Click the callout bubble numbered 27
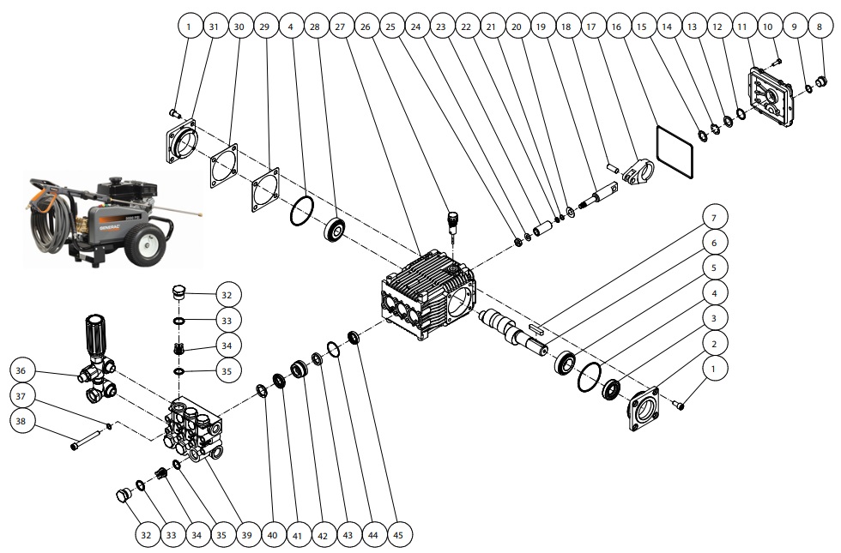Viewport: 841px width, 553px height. pos(340,27)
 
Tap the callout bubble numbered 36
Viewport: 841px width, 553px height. pos(24,370)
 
